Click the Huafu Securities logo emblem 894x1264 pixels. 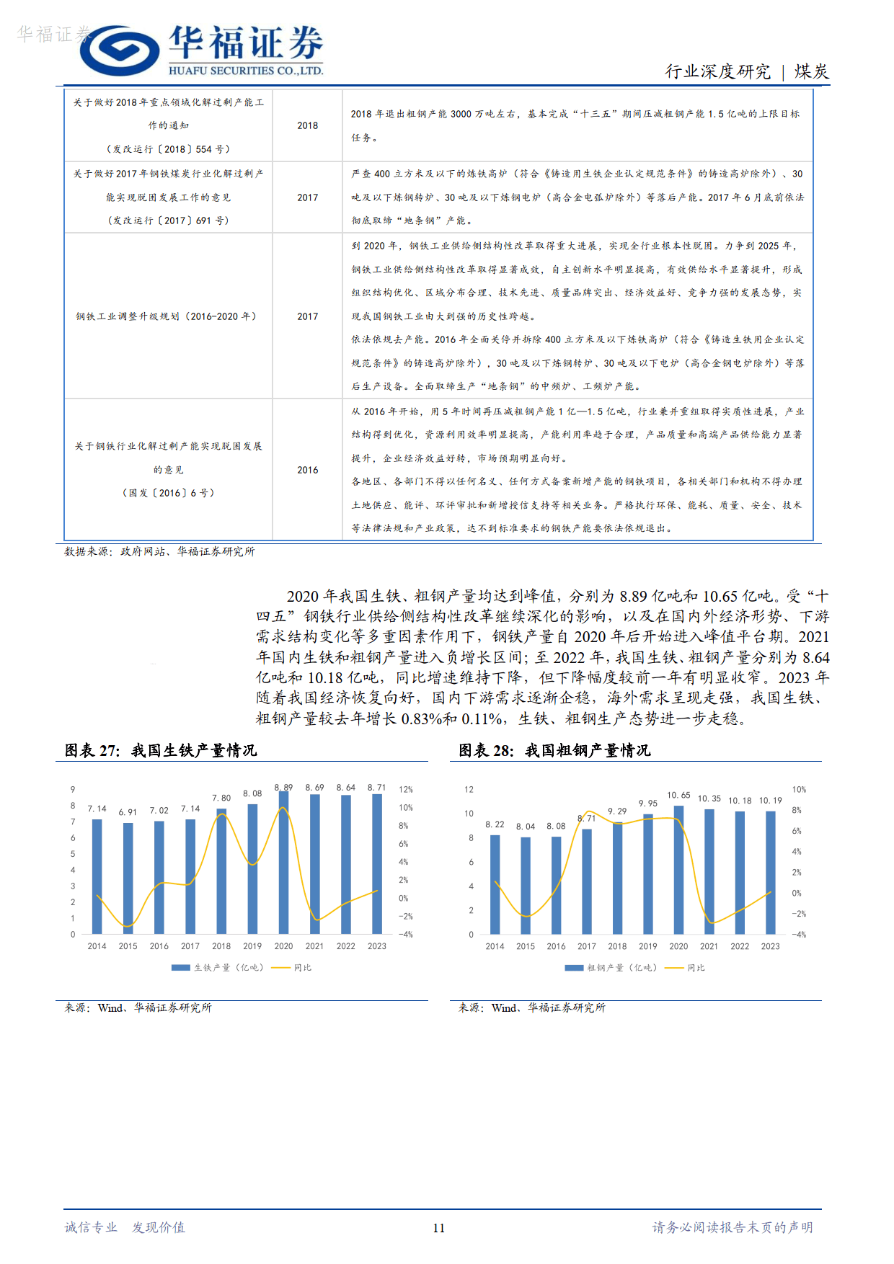tap(119, 50)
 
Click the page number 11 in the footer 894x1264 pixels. tap(439, 1228)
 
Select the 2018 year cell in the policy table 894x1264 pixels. tap(307, 125)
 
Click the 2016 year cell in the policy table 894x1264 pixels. tap(307, 470)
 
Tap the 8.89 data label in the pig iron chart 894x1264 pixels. tap(283, 788)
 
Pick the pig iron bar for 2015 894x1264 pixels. tap(128, 878)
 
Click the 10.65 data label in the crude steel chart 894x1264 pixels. tap(678, 796)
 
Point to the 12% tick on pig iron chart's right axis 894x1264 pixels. tap(406, 790)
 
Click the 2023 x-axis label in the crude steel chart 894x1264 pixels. tap(770, 946)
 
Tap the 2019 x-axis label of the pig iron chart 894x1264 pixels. tap(252, 946)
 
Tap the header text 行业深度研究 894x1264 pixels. tap(717, 71)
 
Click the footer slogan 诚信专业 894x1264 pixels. tap(91, 1227)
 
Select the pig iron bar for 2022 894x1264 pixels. tap(346, 864)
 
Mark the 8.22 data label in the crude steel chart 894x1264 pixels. tap(495, 824)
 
